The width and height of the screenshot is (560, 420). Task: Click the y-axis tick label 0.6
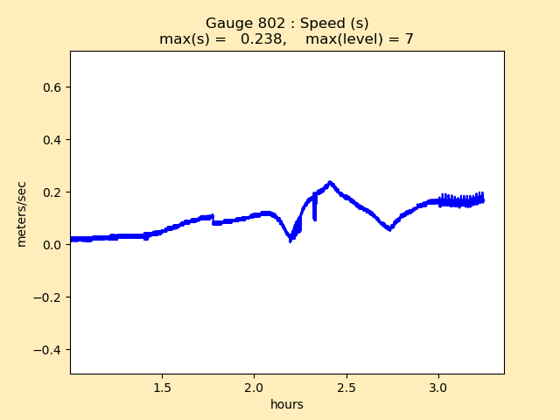[53, 87]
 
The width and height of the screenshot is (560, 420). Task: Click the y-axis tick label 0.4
[53, 140]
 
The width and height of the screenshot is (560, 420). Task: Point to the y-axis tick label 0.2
[53, 192]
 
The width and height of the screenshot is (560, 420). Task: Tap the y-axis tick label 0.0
[53, 245]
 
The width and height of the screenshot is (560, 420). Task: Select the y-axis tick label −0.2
[49, 297]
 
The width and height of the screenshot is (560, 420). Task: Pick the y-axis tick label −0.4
[49, 350]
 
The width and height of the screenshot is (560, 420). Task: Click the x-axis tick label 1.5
[162, 387]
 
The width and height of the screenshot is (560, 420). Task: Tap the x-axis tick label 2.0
[254, 387]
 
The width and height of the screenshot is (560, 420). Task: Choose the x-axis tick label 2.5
[346, 387]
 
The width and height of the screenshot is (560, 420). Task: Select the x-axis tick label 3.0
[438, 387]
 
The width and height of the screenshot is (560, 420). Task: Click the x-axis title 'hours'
[287, 404]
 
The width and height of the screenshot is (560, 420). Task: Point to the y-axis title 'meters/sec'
[22, 213]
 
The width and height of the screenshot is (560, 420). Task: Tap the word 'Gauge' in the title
[227, 24]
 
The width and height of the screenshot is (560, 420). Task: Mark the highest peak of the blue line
[330, 182]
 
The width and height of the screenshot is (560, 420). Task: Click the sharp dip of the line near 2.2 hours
[290, 239]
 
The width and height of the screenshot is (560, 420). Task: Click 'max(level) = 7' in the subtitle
[360, 39]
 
